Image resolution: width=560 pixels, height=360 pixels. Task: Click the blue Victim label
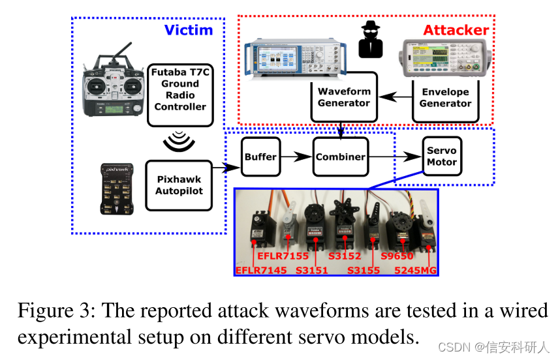pos(188,30)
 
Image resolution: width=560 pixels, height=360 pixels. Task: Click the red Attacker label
pos(456,30)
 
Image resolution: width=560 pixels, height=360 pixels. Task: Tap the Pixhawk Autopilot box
pos(179,185)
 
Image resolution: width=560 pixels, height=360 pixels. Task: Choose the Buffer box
pos(260,157)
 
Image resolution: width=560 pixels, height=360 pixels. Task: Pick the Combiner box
pos(339,157)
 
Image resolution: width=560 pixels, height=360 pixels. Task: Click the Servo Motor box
pos(441,157)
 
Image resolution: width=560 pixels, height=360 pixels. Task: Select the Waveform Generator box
pos(344,97)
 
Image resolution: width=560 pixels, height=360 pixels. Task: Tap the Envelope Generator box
pos(445,97)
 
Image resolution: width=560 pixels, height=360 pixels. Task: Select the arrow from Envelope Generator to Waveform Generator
pos(395,97)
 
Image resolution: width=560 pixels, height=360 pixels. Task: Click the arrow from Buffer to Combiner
pos(296,157)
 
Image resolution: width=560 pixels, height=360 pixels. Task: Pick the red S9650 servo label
pos(397,256)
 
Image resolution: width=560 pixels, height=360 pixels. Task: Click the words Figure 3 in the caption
pos(54,310)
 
